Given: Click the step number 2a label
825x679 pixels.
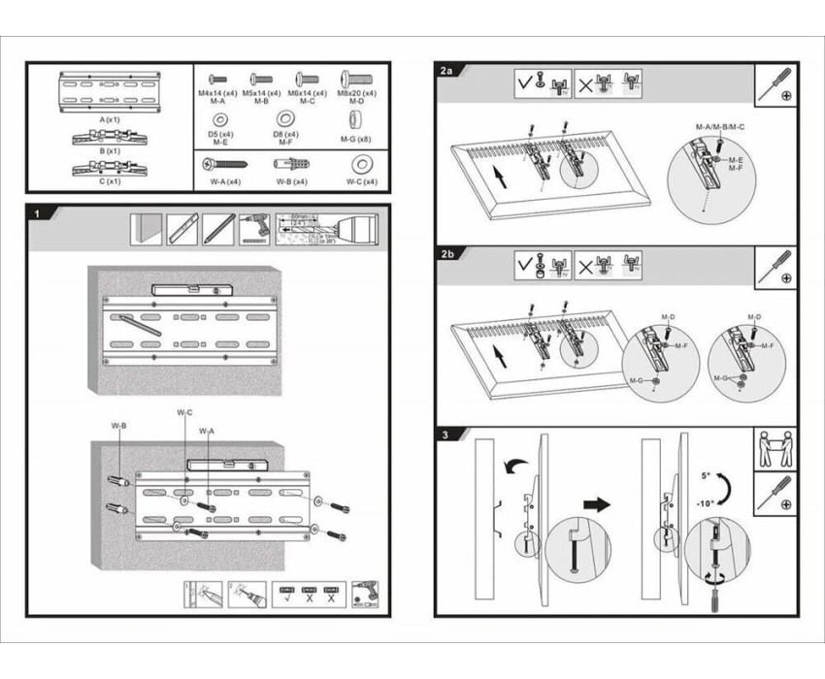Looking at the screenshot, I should (445, 71).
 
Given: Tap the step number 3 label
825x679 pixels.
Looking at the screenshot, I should (444, 435).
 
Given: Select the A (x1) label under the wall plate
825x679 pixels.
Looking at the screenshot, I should (110, 118).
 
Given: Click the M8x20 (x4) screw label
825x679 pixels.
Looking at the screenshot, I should (356, 93).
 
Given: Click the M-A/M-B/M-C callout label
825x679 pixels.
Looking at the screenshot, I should (720, 128).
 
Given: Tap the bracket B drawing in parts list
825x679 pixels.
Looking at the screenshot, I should (110, 137).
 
